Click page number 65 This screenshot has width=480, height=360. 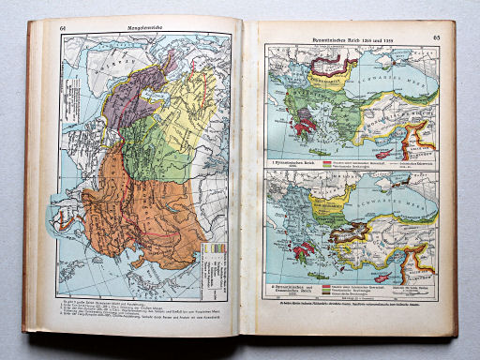[436, 37]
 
